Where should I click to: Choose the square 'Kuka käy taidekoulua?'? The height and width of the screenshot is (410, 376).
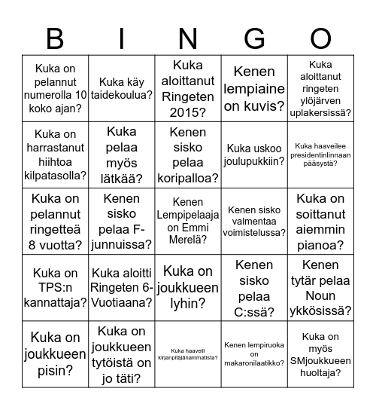122,89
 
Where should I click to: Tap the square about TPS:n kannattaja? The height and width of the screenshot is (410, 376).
55,287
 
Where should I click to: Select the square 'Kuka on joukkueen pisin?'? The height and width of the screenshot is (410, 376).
55,353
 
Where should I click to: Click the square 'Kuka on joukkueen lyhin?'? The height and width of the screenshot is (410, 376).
189,287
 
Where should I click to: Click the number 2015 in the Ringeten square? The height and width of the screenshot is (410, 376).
189,113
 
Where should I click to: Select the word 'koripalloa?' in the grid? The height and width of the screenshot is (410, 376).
189,179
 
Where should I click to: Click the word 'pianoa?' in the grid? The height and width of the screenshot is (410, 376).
321,245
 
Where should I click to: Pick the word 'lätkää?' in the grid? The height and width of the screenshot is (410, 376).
122,179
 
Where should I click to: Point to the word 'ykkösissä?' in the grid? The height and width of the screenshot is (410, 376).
321,310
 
